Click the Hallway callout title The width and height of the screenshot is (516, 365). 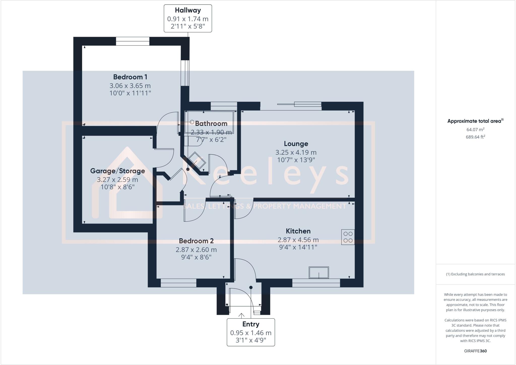188,10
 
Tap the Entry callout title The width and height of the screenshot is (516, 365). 251,324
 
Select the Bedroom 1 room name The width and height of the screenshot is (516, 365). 130,77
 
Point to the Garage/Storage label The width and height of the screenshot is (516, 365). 117,171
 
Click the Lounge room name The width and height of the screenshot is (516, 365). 296,144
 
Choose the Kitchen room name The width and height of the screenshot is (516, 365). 298,231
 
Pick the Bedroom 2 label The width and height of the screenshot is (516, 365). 196,241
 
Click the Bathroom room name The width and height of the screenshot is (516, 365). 211,123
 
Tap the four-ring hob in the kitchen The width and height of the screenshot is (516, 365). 348,237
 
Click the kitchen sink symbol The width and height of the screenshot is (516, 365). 319,273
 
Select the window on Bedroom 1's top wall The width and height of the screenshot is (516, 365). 133,41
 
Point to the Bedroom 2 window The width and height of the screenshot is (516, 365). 178,283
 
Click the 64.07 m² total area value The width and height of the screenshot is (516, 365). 475,130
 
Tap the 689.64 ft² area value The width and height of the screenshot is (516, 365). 475,137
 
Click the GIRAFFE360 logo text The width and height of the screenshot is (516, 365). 475,351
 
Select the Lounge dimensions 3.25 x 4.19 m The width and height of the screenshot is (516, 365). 296,152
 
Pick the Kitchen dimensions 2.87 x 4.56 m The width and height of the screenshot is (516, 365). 298,240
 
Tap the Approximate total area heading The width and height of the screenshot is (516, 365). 475,121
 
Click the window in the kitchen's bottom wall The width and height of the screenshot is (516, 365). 316,283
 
